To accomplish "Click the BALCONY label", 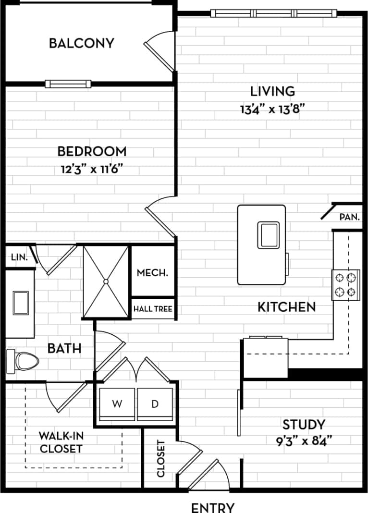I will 82,43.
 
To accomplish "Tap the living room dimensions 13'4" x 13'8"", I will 273,109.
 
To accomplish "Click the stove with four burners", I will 346,284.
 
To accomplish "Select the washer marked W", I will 117,404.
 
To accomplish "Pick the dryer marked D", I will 155,404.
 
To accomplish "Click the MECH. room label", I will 153,273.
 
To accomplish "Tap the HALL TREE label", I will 153,309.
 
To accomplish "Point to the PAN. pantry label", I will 349,217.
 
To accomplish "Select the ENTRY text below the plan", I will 213,507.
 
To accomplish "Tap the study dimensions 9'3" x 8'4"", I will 304,439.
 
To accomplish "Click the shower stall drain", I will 105,281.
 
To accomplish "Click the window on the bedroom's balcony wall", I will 68,84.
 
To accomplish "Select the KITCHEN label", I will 287,306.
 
